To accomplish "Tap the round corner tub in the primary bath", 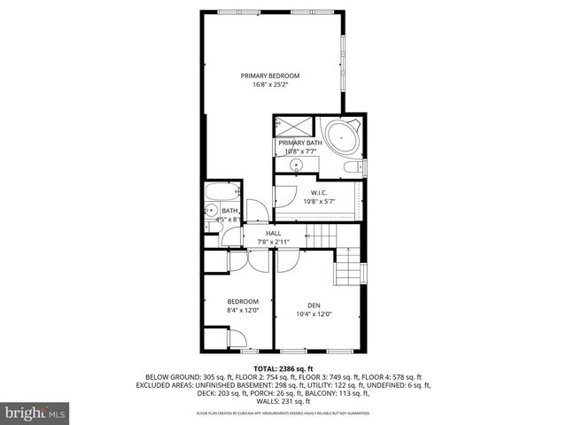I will point(341,138).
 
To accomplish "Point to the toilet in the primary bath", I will point(352,166).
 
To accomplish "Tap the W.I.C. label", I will point(319,192).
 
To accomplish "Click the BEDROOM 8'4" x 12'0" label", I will point(243,301).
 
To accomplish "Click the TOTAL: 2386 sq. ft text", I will point(283,367).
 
